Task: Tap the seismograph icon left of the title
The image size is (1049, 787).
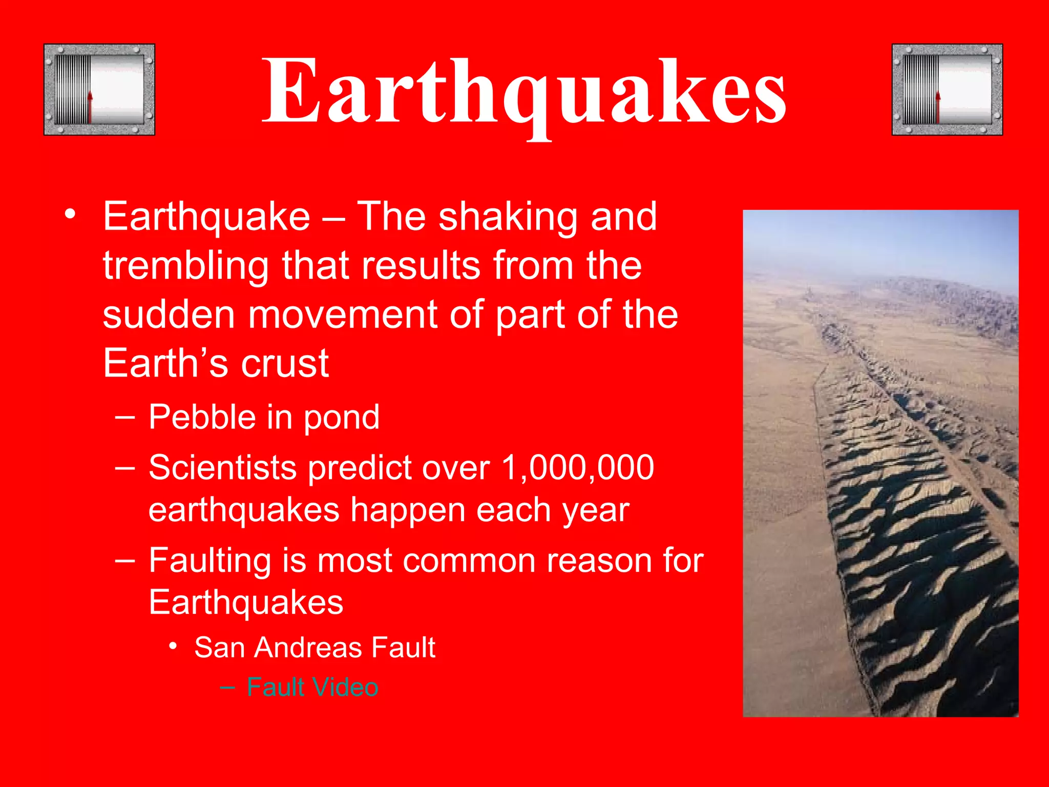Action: click(x=99, y=90)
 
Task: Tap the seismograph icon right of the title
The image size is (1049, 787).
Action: click(x=947, y=90)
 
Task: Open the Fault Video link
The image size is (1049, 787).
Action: click(x=312, y=687)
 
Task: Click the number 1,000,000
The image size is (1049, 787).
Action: click(x=577, y=468)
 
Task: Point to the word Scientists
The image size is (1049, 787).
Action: click(x=223, y=468)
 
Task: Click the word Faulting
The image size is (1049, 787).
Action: click(x=209, y=561)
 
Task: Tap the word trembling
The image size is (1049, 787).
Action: click(x=185, y=266)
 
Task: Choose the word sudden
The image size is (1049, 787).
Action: click(x=169, y=315)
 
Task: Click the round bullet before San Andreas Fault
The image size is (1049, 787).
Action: click(x=174, y=647)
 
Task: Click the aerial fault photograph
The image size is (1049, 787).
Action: click(x=880, y=463)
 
